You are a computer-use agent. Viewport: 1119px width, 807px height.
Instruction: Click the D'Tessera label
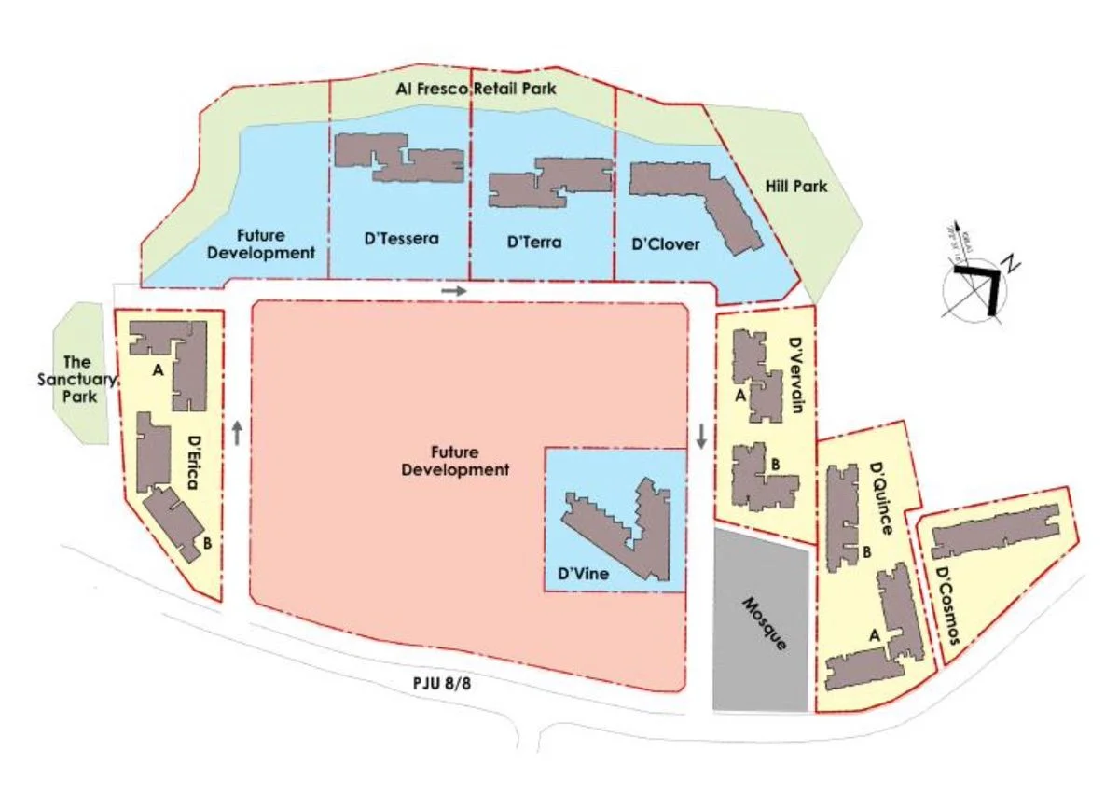[401, 239]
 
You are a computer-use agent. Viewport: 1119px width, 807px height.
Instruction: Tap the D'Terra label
[534, 243]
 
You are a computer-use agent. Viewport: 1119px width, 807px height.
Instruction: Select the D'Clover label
[665, 244]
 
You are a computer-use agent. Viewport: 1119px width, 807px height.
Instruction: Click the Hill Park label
[797, 187]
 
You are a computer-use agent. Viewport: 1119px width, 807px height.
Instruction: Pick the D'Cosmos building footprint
[996, 533]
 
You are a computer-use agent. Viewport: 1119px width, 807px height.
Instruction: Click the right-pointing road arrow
[453, 291]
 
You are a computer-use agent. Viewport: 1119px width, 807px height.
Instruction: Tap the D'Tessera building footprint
[399, 156]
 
